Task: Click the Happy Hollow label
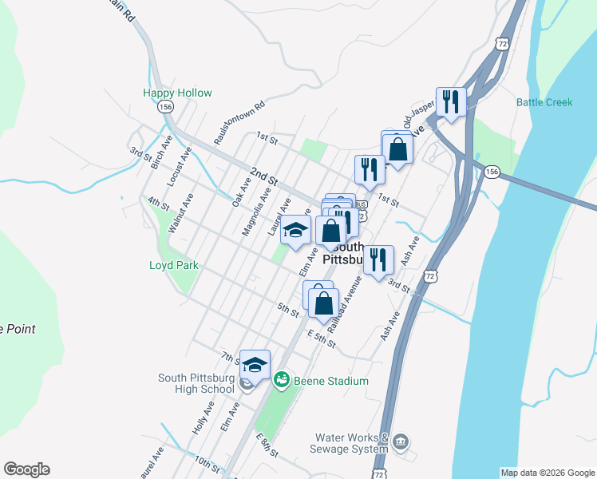click(x=177, y=93)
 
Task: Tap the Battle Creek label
click(x=544, y=102)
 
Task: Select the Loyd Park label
click(x=173, y=265)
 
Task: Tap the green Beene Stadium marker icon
click(x=281, y=380)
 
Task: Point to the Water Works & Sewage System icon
click(x=401, y=441)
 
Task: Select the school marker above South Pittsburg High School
click(x=255, y=365)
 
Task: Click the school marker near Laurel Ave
click(x=295, y=230)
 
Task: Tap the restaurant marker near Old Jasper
click(x=452, y=101)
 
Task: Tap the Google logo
click(x=26, y=469)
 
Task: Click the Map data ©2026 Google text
click(x=547, y=473)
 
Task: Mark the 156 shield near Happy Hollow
click(x=165, y=107)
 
